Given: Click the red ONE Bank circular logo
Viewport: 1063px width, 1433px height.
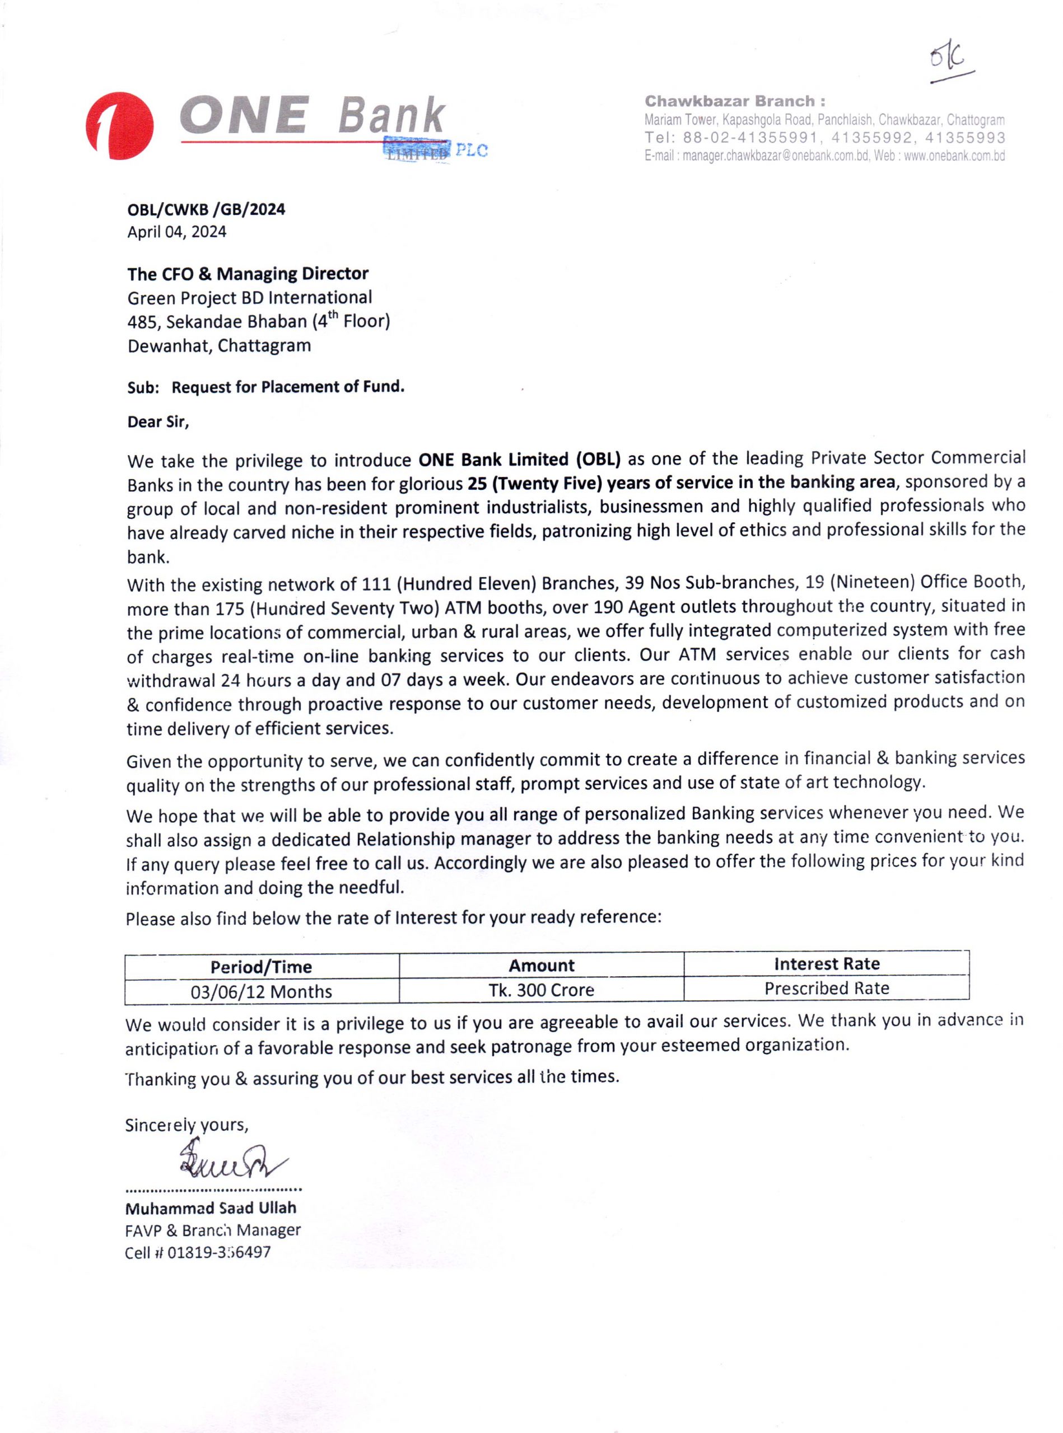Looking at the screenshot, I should pos(120,127).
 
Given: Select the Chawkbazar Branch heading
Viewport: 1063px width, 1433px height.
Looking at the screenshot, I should pos(735,101).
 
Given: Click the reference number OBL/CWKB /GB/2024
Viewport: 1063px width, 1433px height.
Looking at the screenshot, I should pos(206,209).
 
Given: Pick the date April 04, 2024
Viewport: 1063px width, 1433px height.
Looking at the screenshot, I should pos(177,232).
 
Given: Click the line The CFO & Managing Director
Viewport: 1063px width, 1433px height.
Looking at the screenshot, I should pos(248,274).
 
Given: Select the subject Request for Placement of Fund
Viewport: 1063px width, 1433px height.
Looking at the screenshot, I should pos(288,387).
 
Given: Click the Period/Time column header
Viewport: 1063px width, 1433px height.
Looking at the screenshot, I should pos(261,967).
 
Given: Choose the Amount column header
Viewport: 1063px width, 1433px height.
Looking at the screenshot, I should pos(542,966).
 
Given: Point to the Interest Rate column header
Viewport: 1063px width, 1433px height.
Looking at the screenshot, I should pos(827,963).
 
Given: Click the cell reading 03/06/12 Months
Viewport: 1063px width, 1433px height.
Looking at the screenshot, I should pos(261,991).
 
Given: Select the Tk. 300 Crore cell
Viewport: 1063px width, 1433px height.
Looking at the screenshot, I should pos(542,990).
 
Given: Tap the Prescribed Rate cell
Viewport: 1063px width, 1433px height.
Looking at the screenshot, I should pos(827,988).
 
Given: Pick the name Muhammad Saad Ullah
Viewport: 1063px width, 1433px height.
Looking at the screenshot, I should pos(211,1207).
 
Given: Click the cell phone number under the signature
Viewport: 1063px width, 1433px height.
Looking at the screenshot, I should pos(219,1252).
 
